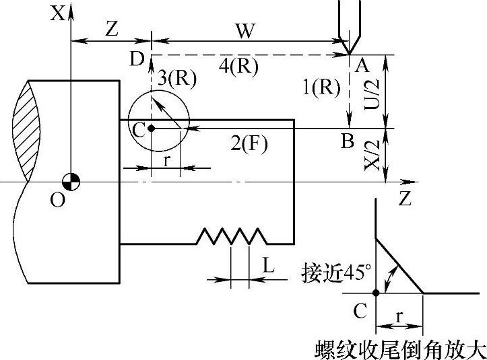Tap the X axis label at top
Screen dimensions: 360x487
[59, 13]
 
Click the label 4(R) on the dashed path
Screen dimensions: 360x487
[240, 67]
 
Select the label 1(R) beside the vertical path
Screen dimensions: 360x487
[322, 86]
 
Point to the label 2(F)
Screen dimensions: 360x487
[250, 143]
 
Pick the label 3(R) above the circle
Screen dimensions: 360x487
[176, 79]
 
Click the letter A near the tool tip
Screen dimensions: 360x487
[362, 65]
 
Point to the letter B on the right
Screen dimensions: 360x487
[347, 141]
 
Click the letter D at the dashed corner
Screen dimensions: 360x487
[137, 60]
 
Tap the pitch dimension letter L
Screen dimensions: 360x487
[268, 265]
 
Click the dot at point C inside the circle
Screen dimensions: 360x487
[151, 128]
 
